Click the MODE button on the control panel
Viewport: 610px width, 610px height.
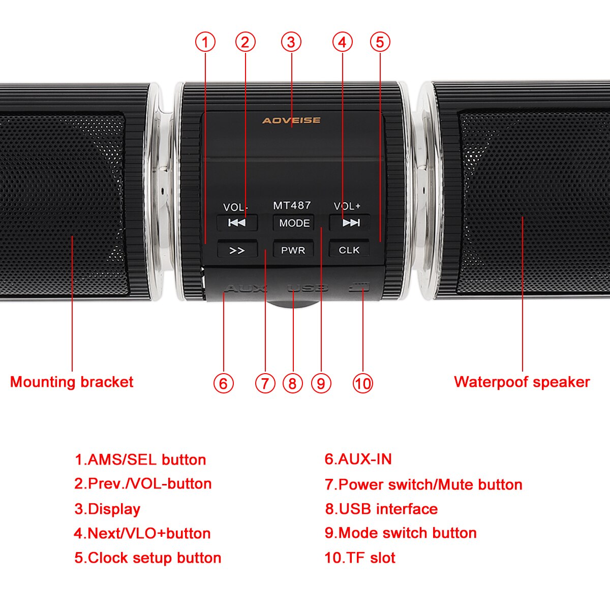tap(294, 223)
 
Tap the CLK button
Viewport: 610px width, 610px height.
tap(349, 250)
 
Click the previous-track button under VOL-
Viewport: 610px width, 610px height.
tap(237, 223)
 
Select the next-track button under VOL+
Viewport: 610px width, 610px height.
tap(350, 223)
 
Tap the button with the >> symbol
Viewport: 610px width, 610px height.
tap(237, 250)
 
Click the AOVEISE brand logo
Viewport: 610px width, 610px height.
tap(291, 120)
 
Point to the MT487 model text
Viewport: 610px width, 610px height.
tap(292, 205)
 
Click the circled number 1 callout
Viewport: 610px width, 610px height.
tap(205, 42)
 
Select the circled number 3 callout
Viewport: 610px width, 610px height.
tap(291, 42)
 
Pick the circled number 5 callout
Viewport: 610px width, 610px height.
tap(380, 42)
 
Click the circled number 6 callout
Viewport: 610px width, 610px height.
tap(223, 383)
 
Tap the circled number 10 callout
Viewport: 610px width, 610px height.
tap(362, 383)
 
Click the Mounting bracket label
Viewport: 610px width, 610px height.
tap(72, 382)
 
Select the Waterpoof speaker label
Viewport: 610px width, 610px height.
tap(522, 382)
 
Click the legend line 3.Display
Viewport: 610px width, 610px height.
tap(107, 509)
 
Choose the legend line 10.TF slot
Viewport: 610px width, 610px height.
tap(360, 558)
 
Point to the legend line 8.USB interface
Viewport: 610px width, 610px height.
tap(381, 509)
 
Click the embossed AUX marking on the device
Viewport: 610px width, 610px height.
tap(245, 289)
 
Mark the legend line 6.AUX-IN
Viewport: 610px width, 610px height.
tap(358, 460)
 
